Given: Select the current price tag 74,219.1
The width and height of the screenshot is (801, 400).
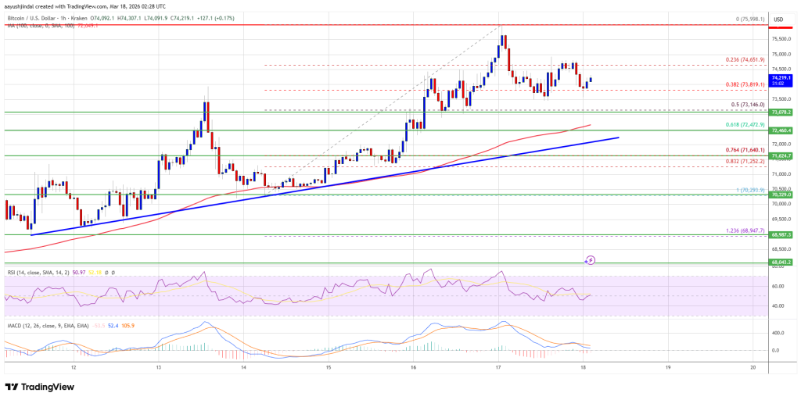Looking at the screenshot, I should pyautogui.click(x=781, y=78).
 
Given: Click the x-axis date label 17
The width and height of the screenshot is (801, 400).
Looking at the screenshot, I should pyautogui.click(x=497, y=366).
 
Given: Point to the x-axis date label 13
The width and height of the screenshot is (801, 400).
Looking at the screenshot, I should pyautogui.click(x=158, y=366).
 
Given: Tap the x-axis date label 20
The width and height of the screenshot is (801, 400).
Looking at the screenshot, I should pyautogui.click(x=752, y=366).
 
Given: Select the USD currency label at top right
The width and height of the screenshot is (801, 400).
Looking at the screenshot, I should pyautogui.click(x=779, y=19).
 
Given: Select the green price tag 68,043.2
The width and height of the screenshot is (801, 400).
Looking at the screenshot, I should pyautogui.click(x=781, y=262).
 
